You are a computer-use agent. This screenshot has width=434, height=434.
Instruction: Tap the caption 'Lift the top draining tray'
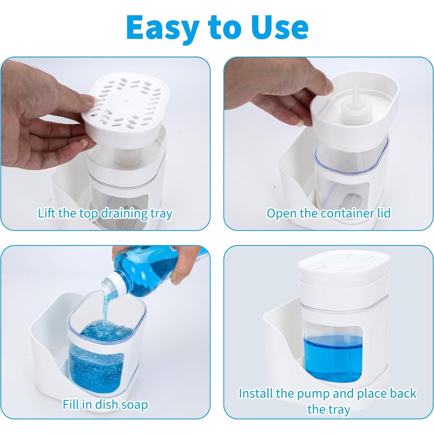105,213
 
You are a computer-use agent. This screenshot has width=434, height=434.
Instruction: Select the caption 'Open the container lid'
328,213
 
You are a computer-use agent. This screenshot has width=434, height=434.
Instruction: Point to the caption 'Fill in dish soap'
105,404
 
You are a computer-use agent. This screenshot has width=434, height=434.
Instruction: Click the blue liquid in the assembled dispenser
332,357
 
